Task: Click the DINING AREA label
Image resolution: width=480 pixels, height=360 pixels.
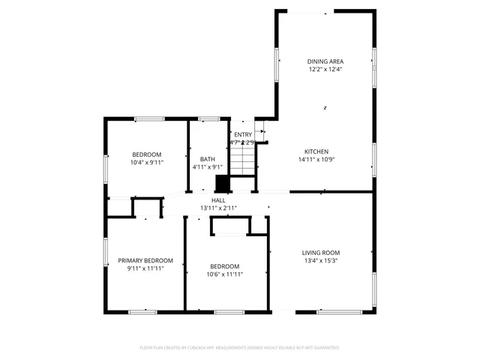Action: click(325, 61)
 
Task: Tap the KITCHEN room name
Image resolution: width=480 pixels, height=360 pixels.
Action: click(316, 151)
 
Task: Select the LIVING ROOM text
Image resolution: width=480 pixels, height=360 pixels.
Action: click(321, 253)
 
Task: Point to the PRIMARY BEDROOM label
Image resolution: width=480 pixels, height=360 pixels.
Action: click(145, 260)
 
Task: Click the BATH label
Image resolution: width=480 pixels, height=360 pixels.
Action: click(207, 159)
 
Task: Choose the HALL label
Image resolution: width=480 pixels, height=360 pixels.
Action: click(218, 200)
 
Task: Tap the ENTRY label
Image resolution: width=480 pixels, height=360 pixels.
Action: click(243, 134)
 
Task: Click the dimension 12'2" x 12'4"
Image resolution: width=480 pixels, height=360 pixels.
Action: click(325, 69)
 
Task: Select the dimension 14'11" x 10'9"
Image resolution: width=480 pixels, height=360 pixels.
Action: click(316, 159)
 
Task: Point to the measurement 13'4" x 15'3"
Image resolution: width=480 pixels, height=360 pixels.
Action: click(321, 261)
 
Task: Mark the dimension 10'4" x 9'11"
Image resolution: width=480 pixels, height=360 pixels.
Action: click(147, 162)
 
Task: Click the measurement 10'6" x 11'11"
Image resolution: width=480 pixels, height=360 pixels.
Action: click(224, 274)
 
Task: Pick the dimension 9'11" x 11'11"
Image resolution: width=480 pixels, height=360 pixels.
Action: click(145, 268)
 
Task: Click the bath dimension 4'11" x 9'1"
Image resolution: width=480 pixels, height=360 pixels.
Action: click(207, 167)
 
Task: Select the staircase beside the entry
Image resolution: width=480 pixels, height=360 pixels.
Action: click(243, 160)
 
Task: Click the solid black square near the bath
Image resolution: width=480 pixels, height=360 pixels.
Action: click(222, 184)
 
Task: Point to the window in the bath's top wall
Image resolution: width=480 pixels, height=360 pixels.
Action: click(208, 118)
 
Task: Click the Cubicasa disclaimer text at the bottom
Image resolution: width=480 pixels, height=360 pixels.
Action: click(239, 348)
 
